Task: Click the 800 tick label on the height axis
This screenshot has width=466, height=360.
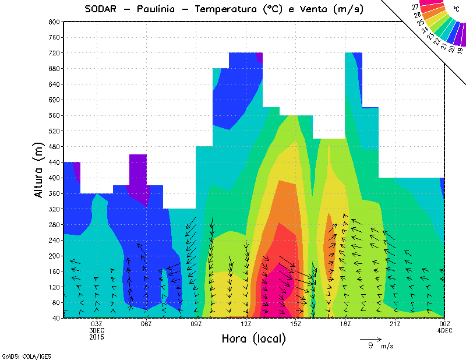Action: [x=54, y=22]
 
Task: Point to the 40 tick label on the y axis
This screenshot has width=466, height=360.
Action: [x=55, y=318]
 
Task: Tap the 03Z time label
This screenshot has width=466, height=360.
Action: [x=97, y=324]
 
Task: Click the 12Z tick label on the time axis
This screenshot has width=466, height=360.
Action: [x=246, y=324]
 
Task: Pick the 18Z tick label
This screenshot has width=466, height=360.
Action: [x=345, y=324]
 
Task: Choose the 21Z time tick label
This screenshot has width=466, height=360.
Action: [x=395, y=324]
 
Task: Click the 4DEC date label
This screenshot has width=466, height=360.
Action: [x=444, y=331]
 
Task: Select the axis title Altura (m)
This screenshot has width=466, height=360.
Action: [x=39, y=170]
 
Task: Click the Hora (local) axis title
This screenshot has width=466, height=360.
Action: [x=253, y=339]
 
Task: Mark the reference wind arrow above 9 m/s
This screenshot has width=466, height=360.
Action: [x=370, y=338]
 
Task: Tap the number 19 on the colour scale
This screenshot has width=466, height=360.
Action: [x=460, y=50]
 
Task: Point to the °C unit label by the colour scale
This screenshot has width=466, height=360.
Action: [x=456, y=9]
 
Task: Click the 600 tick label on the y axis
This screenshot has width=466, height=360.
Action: [x=54, y=100]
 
